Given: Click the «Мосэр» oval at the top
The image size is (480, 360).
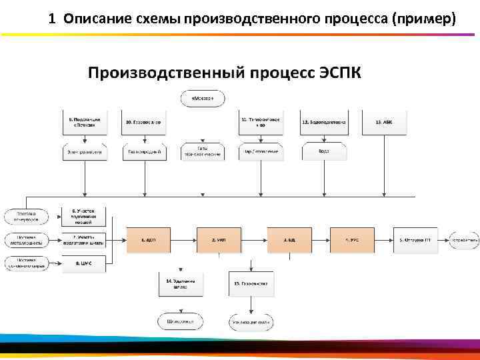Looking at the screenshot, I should (203, 99).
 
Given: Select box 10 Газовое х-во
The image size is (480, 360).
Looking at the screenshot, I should (145, 122).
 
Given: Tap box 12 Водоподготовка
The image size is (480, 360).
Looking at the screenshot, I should (323, 122).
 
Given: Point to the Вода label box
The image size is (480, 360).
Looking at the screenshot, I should (323, 152).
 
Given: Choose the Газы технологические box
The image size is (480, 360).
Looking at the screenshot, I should (203, 151).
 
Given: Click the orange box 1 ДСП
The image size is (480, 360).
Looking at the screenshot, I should (148, 238).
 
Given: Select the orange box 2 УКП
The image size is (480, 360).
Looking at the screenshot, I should (217, 238).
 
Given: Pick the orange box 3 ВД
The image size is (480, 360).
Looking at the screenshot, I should (289, 238).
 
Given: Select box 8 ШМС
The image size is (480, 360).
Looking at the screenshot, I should (84, 263).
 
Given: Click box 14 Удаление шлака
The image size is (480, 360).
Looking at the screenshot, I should (180, 283).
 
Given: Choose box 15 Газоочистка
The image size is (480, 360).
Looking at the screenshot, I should (250, 283).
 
